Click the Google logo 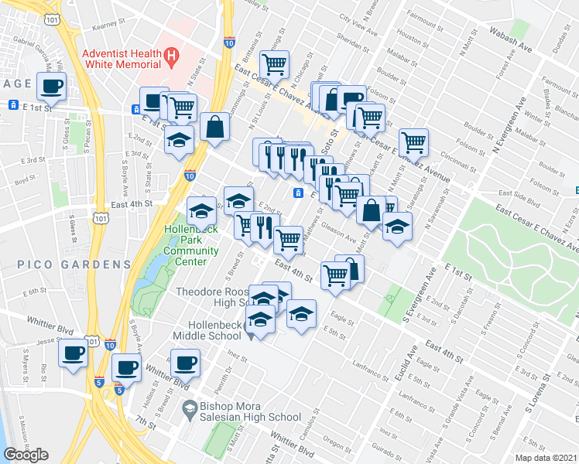(26, 455)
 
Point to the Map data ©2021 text (546, 459)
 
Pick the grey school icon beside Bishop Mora (188, 408)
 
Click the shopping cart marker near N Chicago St (274, 63)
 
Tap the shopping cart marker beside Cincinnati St (415, 142)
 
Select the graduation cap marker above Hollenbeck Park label (201, 210)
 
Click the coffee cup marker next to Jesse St (74, 353)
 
